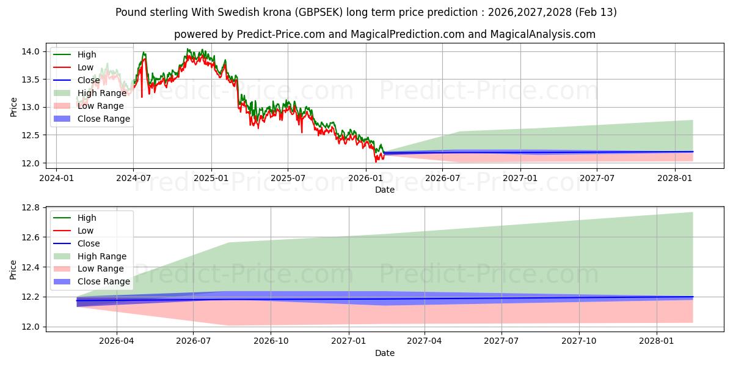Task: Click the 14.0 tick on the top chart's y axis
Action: pos(34,51)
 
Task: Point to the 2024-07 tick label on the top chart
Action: pos(133,179)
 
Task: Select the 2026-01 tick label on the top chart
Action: pos(365,179)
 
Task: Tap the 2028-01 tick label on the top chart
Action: pos(675,179)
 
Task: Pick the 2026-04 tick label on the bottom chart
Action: pos(116,342)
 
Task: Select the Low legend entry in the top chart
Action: pos(86,67)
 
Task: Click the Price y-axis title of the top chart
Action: pos(13,107)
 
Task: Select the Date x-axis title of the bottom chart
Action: pos(385,353)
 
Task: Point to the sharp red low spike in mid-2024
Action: pos(142,96)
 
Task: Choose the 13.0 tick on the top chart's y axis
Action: pos(34,107)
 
